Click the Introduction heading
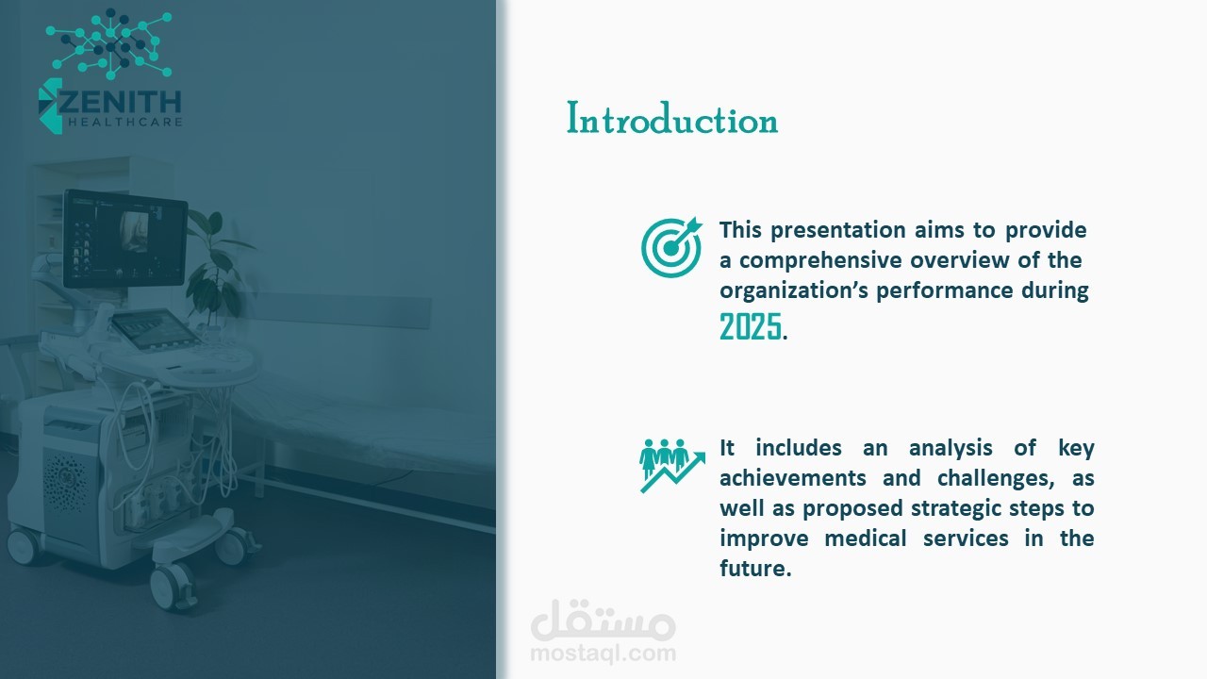(672, 118)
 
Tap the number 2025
(750, 326)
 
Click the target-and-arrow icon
(671, 247)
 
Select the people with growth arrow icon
(672, 466)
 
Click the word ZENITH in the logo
(119, 102)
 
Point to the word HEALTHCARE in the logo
(125, 123)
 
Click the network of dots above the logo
(109, 43)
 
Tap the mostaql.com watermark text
(603, 654)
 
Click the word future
(755, 569)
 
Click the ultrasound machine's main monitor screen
(125, 239)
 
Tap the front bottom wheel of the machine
(173, 587)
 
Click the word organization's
(794, 291)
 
